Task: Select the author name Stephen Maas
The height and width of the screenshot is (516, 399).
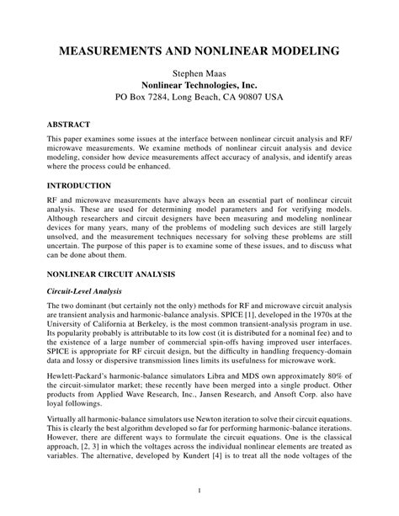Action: (x=199, y=73)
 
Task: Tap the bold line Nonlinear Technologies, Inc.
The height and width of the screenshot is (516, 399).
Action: (x=199, y=85)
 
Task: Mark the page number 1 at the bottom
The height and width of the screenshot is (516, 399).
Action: (x=199, y=490)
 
